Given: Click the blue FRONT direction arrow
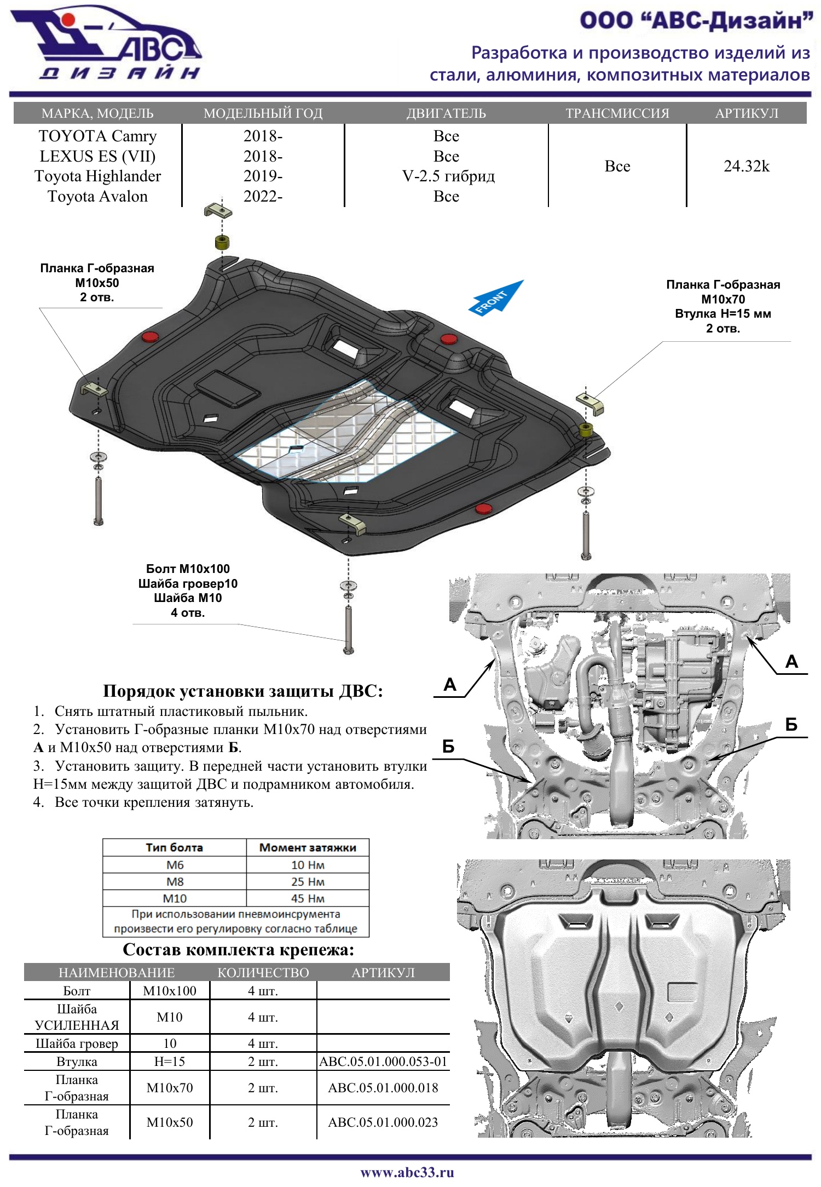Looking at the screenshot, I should (x=495, y=299).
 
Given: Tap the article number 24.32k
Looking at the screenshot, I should (x=746, y=166).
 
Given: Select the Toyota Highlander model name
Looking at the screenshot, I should (x=97, y=176).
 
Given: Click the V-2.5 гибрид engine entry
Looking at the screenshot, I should (x=448, y=176).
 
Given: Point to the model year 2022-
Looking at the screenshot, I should (x=263, y=196).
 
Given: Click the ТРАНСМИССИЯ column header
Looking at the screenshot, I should (x=617, y=113).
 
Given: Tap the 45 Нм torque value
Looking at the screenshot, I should (x=308, y=898).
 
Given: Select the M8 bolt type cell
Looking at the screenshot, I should (x=175, y=881).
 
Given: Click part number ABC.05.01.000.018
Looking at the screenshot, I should (x=383, y=1087).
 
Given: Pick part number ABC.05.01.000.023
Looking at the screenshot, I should (x=383, y=1122).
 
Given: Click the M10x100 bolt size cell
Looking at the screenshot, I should (x=169, y=990).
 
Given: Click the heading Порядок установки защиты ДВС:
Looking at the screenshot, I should (x=242, y=691).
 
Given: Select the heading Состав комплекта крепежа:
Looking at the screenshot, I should (x=238, y=949).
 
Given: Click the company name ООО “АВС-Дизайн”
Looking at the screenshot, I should (x=696, y=21).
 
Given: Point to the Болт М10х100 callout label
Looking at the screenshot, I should (x=187, y=569).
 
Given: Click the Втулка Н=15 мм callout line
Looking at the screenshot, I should (x=722, y=314).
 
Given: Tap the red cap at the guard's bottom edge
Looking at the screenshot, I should (x=483, y=509).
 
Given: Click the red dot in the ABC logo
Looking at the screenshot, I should (x=68, y=20).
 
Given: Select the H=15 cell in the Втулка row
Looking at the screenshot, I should (x=169, y=1061).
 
